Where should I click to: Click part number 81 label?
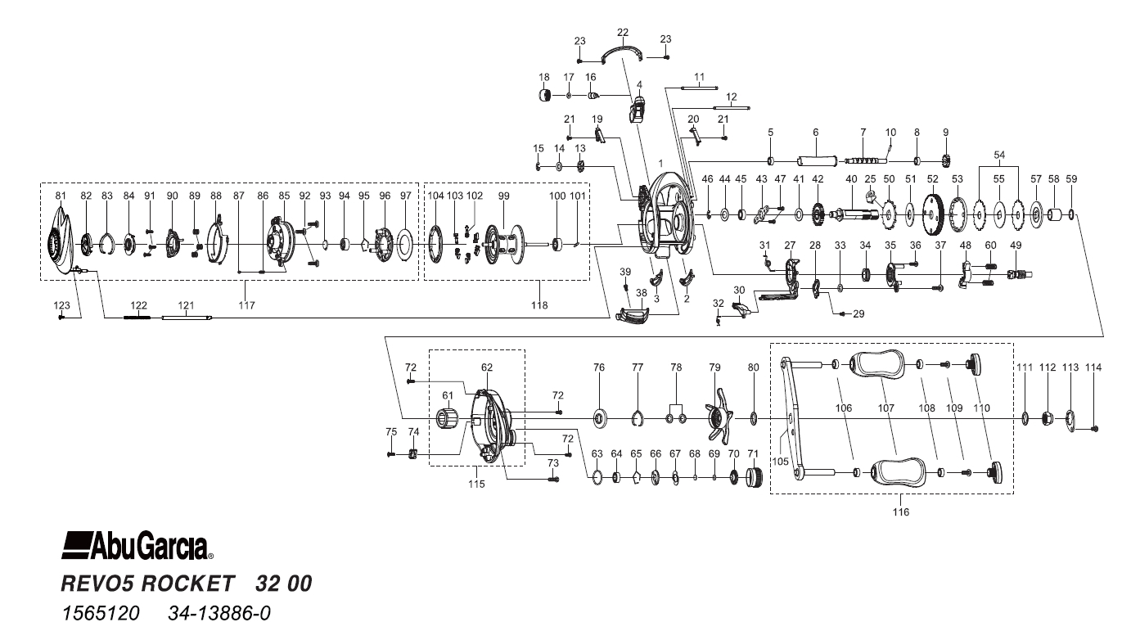[x=60, y=196]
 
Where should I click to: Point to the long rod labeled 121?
[x=187, y=318]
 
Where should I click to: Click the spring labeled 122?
[x=138, y=318]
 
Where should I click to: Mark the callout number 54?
[x=998, y=155]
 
